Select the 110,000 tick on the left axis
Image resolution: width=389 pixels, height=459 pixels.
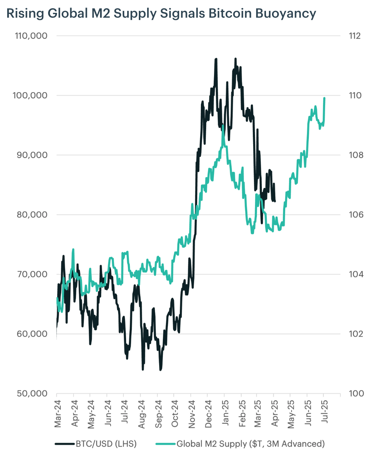(31, 36)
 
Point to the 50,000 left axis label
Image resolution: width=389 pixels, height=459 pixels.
(32, 393)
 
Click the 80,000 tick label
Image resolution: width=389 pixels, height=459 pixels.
(32, 214)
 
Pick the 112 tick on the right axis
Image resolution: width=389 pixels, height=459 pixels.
(355, 36)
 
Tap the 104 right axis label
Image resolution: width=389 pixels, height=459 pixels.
(356, 274)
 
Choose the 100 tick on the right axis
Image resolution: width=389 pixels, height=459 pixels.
(356, 393)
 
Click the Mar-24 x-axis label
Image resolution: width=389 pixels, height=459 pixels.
(57, 414)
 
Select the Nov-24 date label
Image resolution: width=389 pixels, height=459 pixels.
(191, 414)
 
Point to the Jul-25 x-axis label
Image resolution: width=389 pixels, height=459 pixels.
(324, 412)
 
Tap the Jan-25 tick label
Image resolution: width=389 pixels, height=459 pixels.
(225, 413)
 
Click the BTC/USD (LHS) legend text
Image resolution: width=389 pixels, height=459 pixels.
(106, 444)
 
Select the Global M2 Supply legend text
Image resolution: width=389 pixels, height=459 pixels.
(211, 444)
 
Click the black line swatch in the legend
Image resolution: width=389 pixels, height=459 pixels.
(65, 444)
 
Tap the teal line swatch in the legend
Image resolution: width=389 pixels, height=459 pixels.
(166, 444)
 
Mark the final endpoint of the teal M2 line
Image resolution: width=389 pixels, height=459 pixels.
(324, 98)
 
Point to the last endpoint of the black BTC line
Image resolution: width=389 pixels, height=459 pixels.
(275, 201)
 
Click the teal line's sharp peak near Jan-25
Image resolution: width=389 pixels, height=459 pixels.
(223, 126)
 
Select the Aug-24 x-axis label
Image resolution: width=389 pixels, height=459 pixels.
(141, 414)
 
